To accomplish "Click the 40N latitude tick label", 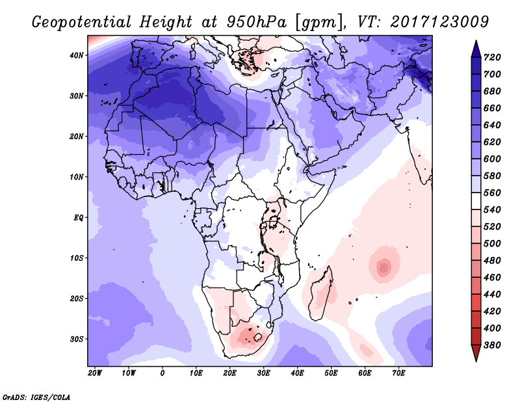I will (77, 55).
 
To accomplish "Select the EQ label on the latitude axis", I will (78, 217).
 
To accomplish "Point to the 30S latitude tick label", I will (77, 339).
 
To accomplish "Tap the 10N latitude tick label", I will (77, 177).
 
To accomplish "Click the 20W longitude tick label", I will (95, 373).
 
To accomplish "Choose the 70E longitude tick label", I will (398, 373).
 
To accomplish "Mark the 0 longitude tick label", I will (162, 373).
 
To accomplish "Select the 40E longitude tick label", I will (297, 373).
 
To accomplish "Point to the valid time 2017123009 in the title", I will (440, 21).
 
